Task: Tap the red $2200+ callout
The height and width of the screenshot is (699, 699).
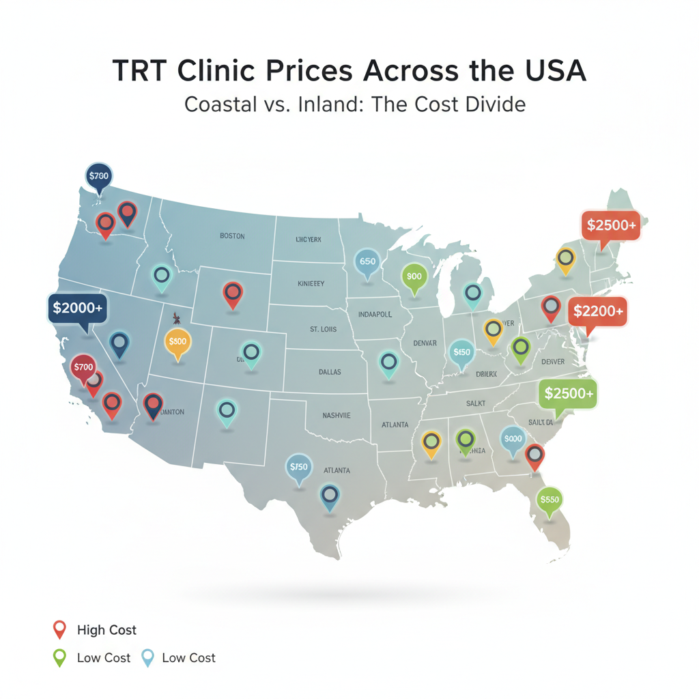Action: [597, 311]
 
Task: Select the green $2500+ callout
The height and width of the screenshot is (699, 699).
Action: [568, 394]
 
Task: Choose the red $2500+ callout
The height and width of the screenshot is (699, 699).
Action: [611, 225]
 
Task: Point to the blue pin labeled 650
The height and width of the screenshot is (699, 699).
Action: [367, 261]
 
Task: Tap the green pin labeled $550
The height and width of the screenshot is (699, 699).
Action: [550, 500]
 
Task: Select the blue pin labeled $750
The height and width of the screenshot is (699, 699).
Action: [299, 468]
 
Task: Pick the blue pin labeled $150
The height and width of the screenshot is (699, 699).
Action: [462, 352]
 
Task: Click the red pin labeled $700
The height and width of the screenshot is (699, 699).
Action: [83, 367]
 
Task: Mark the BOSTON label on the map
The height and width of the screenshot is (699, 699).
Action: [232, 236]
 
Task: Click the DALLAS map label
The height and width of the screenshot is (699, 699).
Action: [329, 372]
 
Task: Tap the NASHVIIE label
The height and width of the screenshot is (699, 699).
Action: [337, 415]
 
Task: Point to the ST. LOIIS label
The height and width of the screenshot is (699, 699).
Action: [323, 329]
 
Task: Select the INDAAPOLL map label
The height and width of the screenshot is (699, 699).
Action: [375, 315]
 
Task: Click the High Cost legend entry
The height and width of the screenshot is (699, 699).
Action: [106, 630]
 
